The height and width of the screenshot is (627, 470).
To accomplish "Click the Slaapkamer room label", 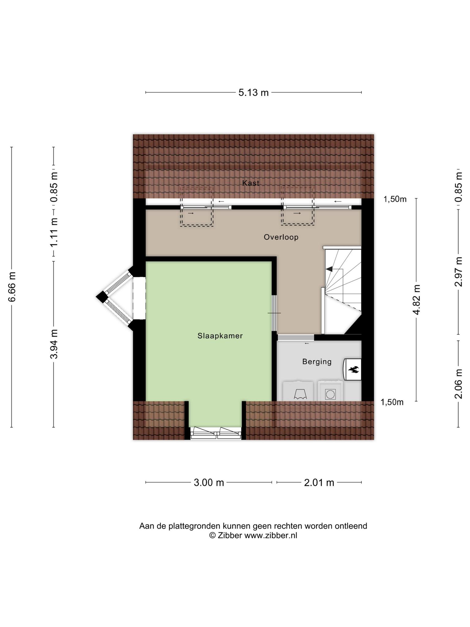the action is click(220, 336).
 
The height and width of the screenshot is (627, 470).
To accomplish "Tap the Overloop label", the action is click(281, 237).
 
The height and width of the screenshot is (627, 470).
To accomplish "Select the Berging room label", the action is click(317, 362).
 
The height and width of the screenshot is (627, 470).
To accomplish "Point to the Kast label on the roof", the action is click(251, 183).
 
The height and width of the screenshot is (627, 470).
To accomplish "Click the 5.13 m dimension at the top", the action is click(253, 92).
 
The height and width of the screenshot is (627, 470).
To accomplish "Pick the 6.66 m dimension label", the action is click(12, 287).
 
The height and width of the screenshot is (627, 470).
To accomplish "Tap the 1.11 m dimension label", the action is click(54, 232).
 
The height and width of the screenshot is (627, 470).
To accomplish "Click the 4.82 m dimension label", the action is click(416, 299).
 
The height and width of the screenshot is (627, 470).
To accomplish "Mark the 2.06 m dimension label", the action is click(458, 384).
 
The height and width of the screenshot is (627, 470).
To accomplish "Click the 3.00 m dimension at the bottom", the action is click(209, 482).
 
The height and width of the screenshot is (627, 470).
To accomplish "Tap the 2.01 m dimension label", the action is click(319, 482).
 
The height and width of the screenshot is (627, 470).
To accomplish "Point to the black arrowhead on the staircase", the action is click(329, 269).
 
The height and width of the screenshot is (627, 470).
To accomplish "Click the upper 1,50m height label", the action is click(395, 199).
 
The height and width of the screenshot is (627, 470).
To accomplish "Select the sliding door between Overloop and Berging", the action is click(296, 337).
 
